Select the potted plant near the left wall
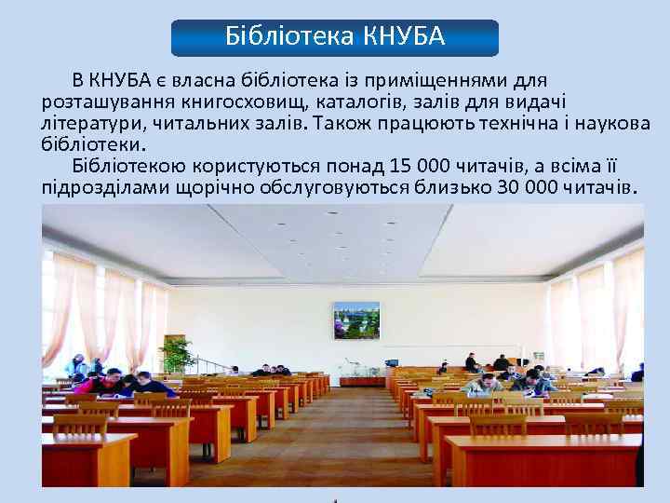coord(176,354)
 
